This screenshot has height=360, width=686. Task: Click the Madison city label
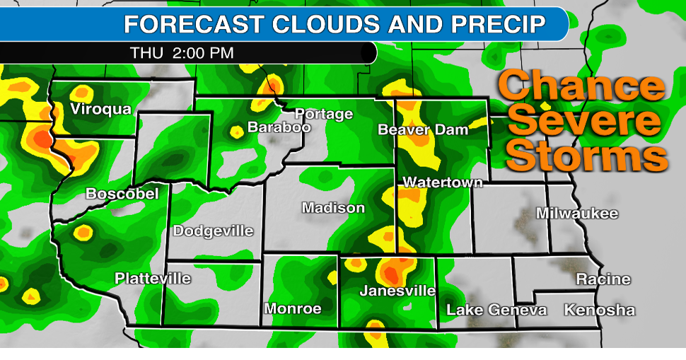[333, 208]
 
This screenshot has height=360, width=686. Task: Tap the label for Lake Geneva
[496, 310]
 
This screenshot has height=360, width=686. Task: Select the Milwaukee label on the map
[577, 214]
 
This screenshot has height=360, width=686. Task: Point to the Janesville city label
[397, 291]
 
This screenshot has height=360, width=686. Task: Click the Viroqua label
[100, 109]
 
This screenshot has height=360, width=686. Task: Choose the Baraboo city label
[279, 128]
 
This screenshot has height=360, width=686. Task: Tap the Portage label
[323, 114]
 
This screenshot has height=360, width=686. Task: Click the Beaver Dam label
[424, 130]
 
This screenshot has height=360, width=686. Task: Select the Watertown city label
[443, 182]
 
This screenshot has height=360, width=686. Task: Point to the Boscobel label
[122, 194]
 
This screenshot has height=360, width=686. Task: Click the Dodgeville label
[213, 231]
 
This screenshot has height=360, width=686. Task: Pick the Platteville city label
[153, 279]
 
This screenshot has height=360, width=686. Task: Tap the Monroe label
[293, 309]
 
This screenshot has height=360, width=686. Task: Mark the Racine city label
[603, 279]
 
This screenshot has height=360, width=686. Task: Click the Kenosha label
[599, 310]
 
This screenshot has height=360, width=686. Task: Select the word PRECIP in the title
[499, 24]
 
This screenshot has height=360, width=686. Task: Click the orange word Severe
[585, 122]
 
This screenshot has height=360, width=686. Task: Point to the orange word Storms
[586, 155]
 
